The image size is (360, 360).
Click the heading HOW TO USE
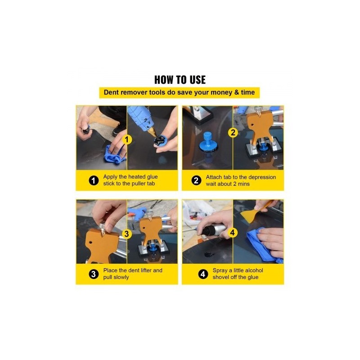[180, 80]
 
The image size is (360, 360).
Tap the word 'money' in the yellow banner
[221, 93]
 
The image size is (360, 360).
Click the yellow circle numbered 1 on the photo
[127, 139]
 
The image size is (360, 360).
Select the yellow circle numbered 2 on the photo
[233, 132]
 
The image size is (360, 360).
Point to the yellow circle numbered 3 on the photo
[126, 234]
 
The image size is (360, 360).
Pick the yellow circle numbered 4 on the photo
[233, 233]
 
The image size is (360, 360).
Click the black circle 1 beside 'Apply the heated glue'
[94, 180]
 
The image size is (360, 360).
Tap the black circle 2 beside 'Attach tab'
[196, 180]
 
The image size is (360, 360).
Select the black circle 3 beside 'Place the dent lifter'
[94, 274]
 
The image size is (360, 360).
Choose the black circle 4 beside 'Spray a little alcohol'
[203, 274]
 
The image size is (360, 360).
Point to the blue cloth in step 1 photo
[114, 154]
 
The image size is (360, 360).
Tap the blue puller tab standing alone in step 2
[207, 142]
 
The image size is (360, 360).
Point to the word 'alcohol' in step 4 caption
[254, 270]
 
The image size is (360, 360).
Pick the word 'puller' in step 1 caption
[139, 184]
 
